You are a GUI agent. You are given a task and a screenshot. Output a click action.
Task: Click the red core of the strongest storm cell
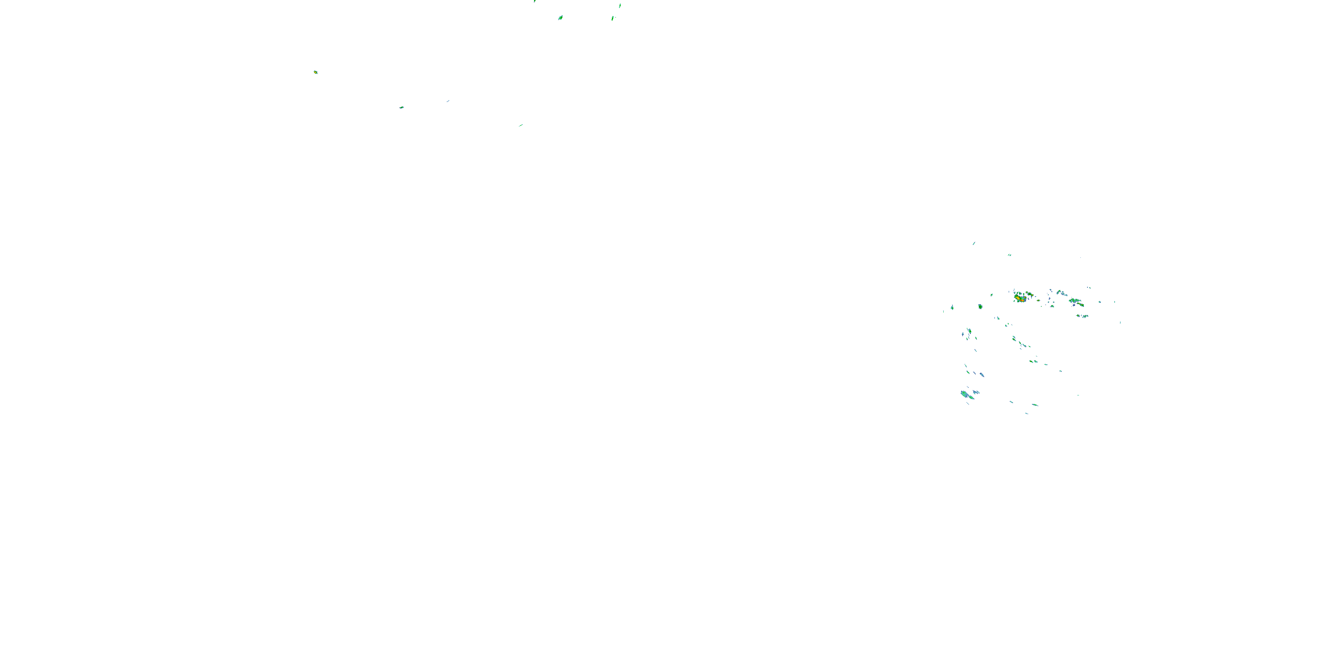pos(1020,299)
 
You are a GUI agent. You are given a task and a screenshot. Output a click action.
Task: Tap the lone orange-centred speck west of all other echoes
pos(315,72)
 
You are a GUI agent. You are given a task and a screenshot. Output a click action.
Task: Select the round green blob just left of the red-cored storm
pos(980,306)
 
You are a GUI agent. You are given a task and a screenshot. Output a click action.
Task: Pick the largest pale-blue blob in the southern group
pos(964,394)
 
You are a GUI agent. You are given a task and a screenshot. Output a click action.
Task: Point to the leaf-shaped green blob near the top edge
pos(561,18)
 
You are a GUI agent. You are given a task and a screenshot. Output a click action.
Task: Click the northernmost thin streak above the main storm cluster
pos(973,243)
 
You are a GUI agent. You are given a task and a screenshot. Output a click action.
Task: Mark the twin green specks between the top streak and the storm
pos(1009,255)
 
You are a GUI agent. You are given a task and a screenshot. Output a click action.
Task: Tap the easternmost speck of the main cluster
pos(1120,322)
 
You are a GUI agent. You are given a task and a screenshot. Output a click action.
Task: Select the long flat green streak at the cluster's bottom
pos(1035,404)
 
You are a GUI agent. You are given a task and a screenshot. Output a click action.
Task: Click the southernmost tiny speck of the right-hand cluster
pos(1026,413)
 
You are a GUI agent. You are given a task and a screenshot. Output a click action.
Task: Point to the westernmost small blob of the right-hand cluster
pos(952,308)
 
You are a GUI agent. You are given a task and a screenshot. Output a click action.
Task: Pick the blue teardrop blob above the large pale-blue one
pos(981,375)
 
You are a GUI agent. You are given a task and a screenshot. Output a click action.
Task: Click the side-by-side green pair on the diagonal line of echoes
pos(1033,361)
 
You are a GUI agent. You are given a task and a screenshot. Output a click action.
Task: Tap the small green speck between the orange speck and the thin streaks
pos(401,107)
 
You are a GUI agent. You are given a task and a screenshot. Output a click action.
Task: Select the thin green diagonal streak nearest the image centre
pos(521,125)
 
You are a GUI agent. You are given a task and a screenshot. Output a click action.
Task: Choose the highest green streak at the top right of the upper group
pos(620,6)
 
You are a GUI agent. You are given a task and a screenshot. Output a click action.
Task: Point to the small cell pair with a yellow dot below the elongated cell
pos(1083,315)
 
